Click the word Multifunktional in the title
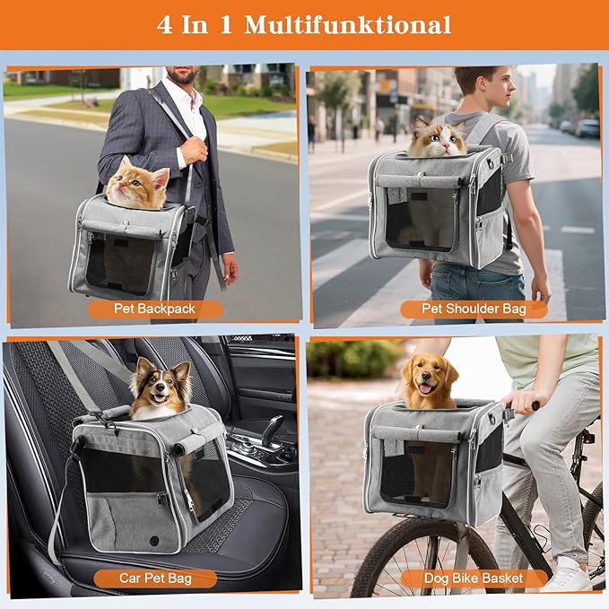tap(347, 24)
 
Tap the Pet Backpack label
tap(155, 309)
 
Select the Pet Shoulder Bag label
tap(473, 309)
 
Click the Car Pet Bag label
tap(155, 578)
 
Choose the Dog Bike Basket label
tap(473, 578)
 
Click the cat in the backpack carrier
tap(439, 139)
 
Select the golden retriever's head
tap(428, 377)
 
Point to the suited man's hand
tap(230, 266)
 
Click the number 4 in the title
tap(165, 24)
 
